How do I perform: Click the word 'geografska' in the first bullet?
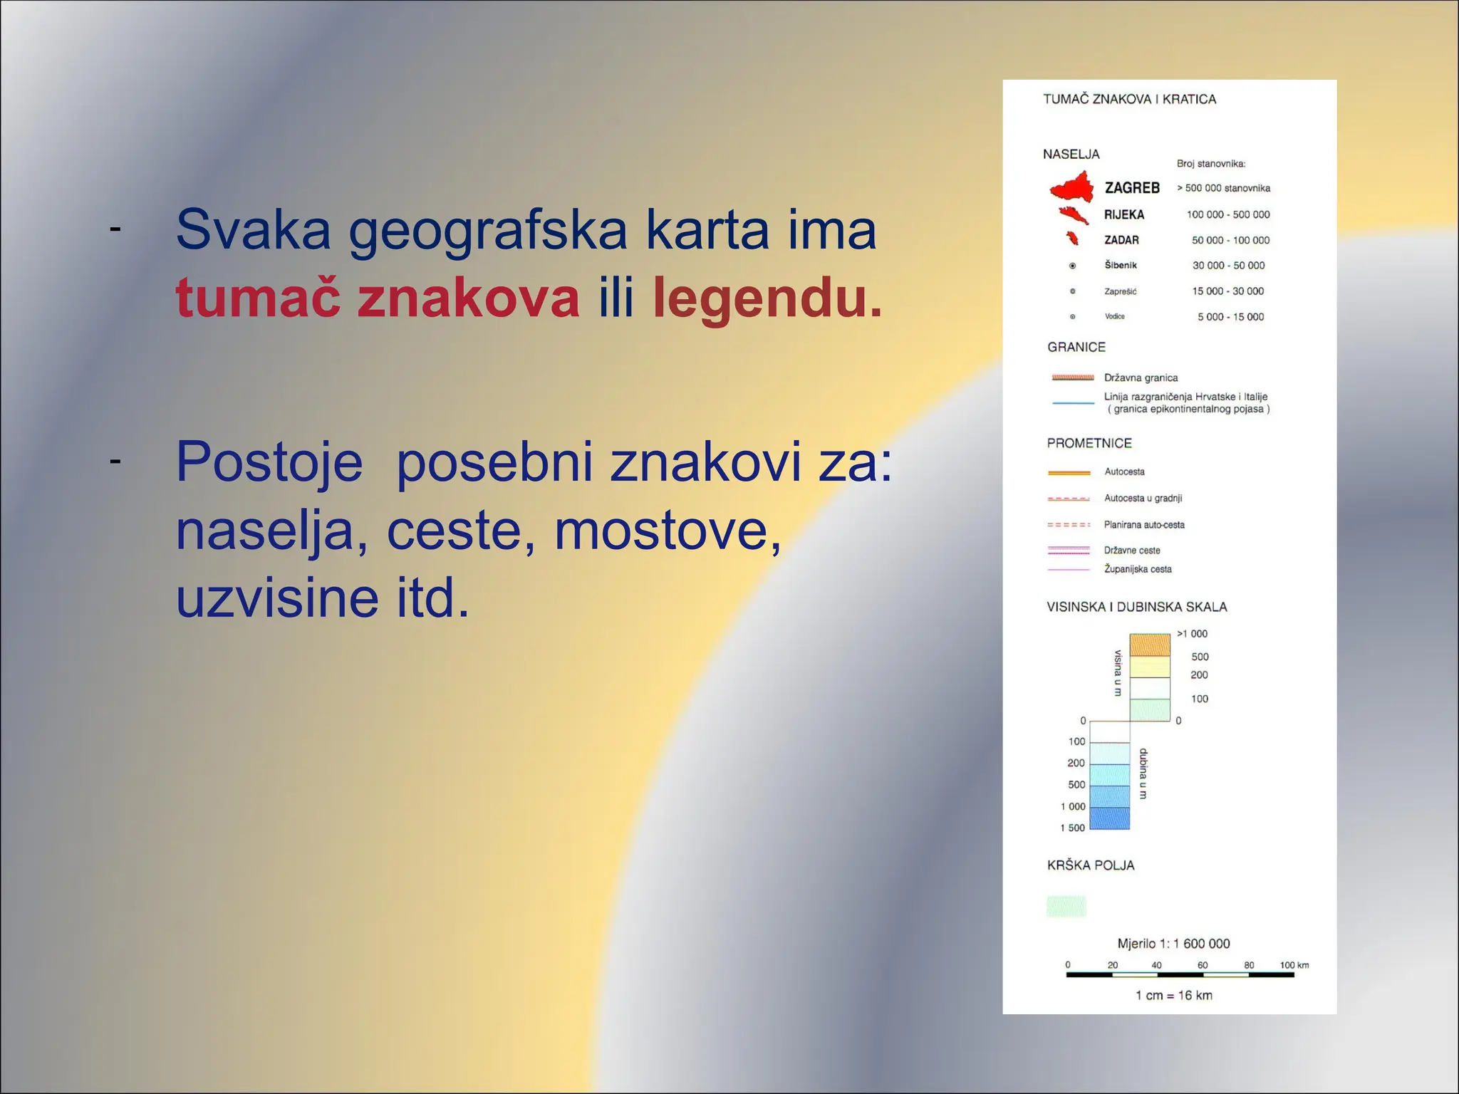pos(488,231)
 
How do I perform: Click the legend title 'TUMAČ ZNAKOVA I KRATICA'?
pos(1129,99)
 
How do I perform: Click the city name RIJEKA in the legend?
pos(1124,214)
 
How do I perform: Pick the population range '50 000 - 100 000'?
pos(1230,240)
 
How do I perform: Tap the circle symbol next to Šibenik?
pos(1072,266)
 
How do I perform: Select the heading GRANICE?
pos(1076,347)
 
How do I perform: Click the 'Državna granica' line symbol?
pos(1072,377)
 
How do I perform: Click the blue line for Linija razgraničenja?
pos(1072,403)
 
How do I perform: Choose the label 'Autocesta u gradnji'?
pos(1143,498)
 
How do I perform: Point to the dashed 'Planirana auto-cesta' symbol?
pos(1069,525)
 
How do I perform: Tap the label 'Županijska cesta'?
pos(1138,569)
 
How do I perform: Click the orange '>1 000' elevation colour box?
pos(1150,645)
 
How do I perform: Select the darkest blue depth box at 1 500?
pos(1110,818)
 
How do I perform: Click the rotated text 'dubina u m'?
pos(1143,773)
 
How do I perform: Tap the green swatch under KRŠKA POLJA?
pos(1066,906)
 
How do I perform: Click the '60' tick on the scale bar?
pos(1203,966)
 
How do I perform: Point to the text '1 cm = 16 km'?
pos(1173,995)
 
